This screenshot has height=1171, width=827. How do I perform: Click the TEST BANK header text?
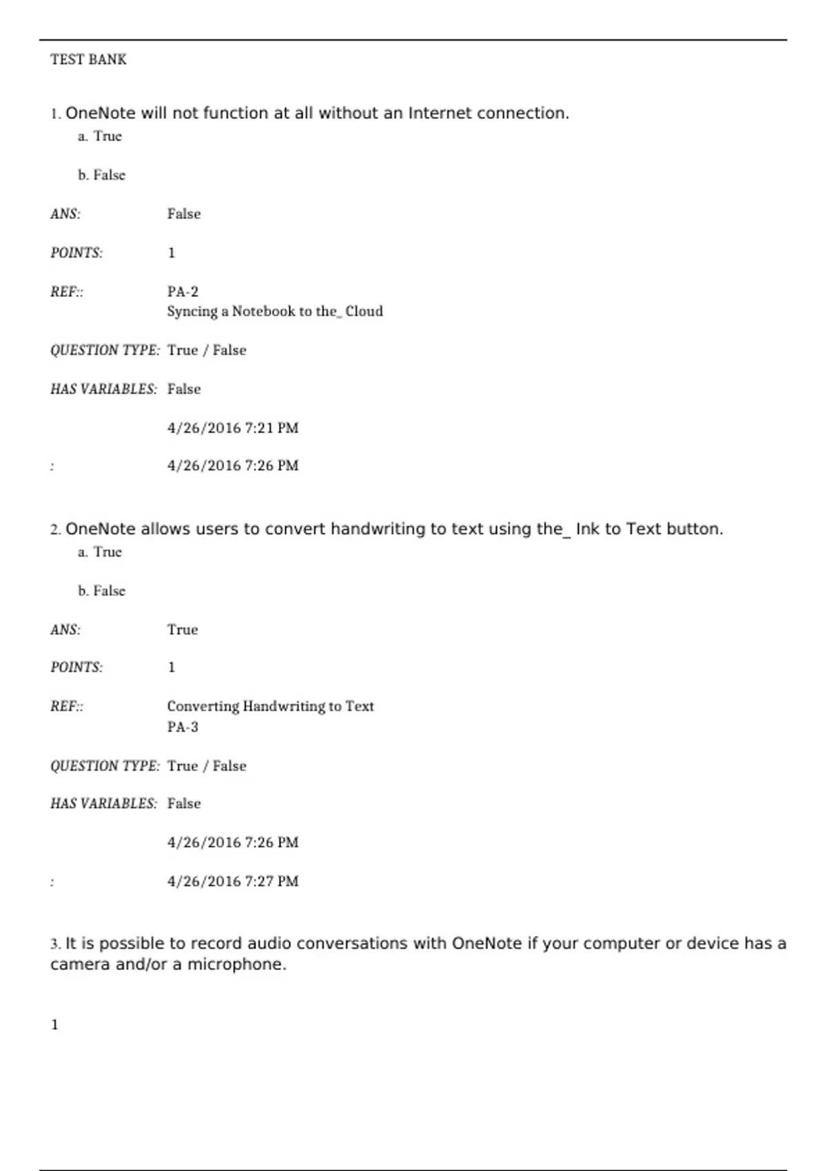(x=88, y=59)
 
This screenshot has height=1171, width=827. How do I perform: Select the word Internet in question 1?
(x=440, y=113)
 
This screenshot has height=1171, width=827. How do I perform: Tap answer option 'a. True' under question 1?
(x=100, y=136)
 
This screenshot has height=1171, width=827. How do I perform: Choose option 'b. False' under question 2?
(x=101, y=591)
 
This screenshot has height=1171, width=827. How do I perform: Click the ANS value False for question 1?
(x=184, y=214)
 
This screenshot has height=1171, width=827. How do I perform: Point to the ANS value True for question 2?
(x=183, y=630)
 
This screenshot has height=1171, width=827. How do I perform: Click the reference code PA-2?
(x=183, y=292)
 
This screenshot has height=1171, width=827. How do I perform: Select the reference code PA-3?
(x=183, y=727)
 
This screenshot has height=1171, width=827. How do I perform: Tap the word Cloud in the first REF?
(x=364, y=311)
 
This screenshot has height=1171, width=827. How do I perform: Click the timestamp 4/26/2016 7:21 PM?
(x=233, y=428)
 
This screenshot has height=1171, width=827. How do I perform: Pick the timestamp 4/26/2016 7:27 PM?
(x=233, y=881)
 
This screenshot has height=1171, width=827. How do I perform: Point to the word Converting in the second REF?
(x=203, y=706)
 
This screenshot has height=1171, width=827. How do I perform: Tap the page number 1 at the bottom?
(x=54, y=1025)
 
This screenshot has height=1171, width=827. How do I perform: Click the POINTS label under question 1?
(x=76, y=253)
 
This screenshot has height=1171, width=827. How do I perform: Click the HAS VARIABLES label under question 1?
(x=103, y=389)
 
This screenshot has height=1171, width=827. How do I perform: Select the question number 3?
(x=54, y=944)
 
